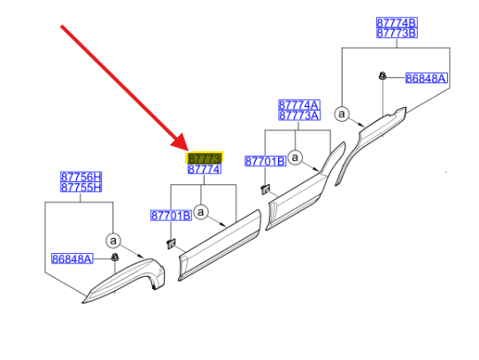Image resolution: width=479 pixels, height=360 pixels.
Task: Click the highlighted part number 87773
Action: (x=205, y=158)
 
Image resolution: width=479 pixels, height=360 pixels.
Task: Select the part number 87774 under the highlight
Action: (x=205, y=169)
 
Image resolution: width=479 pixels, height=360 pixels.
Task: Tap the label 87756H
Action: (x=81, y=177)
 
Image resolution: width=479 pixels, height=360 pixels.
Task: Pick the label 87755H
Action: (x=81, y=187)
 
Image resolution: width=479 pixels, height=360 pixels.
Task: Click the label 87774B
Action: (x=397, y=23)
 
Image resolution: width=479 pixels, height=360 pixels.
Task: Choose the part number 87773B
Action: (x=397, y=33)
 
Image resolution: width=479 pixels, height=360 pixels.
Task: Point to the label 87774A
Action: (x=299, y=105)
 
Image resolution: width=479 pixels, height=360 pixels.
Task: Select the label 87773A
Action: (x=299, y=115)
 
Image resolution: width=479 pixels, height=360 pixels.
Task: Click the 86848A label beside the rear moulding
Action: (x=426, y=79)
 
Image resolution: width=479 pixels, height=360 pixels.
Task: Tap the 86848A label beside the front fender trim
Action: (x=72, y=258)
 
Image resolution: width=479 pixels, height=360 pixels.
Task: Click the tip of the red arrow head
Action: (x=189, y=150)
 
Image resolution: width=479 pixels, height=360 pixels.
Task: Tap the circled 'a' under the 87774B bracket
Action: (x=342, y=114)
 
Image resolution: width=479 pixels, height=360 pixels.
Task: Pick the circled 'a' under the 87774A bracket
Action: (x=295, y=157)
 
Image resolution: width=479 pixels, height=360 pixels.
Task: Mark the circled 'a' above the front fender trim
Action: (x=113, y=241)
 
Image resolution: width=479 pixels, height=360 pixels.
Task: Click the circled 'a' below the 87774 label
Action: (x=201, y=211)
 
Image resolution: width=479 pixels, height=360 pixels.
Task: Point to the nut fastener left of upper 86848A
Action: (x=382, y=75)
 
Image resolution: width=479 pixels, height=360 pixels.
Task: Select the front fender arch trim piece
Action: (x=124, y=280)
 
